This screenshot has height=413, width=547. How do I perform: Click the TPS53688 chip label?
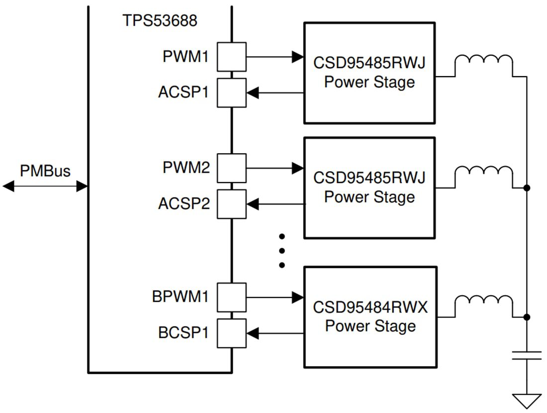[x=160, y=20]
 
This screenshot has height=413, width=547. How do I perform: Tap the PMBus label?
[x=45, y=171]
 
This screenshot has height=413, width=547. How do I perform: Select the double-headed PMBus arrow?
[x=45, y=187]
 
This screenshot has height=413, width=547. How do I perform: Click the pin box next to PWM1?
[x=231, y=57]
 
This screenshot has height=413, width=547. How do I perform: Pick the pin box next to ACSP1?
[x=231, y=93]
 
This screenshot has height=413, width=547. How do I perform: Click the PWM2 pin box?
[x=231, y=168]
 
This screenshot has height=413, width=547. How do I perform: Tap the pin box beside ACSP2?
[x=231, y=204]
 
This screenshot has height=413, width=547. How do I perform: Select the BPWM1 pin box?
[x=231, y=298]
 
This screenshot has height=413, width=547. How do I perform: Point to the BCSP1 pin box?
[x=231, y=333]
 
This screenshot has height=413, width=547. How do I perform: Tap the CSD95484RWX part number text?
[x=370, y=307]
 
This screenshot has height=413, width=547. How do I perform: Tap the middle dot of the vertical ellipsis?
[x=281, y=250]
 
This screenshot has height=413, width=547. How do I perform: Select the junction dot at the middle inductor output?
[x=527, y=188]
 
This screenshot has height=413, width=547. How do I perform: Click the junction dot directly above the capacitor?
[x=527, y=317]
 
